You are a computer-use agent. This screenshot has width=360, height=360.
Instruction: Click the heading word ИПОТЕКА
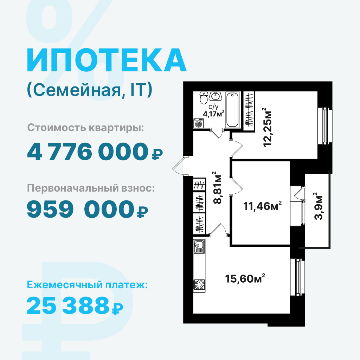click(x=107, y=60)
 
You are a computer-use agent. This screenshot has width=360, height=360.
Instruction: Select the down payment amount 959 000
click(x=81, y=209)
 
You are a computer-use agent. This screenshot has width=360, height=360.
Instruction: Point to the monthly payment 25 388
click(x=68, y=305)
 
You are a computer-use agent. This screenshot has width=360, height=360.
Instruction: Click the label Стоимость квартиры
click(x=85, y=128)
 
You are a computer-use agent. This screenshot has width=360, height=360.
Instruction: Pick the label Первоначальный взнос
click(x=91, y=188)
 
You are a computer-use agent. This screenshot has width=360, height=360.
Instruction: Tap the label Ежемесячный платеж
click(x=87, y=285)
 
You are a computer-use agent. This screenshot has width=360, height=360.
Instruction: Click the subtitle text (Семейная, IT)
click(x=90, y=90)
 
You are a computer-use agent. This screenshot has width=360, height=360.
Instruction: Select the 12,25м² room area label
click(x=267, y=127)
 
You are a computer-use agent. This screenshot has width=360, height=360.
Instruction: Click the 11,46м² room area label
click(x=262, y=206)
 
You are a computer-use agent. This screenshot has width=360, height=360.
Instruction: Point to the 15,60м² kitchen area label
click(x=245, y=278)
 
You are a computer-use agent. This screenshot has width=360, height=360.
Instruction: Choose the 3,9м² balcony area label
click(x=318, y=206)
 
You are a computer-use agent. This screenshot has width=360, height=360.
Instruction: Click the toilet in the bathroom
click(x=204, y=98)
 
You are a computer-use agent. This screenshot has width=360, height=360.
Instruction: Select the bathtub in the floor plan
click(x=232, y=110)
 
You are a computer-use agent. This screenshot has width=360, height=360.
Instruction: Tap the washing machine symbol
click(x=198, y=123)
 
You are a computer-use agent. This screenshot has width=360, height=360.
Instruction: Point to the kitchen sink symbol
click(x=199, y=246)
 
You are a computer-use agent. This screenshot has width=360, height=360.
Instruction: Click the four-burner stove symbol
click(x=199, y=285)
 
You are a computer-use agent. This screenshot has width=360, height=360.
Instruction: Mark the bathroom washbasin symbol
click(x=216, y=96)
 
